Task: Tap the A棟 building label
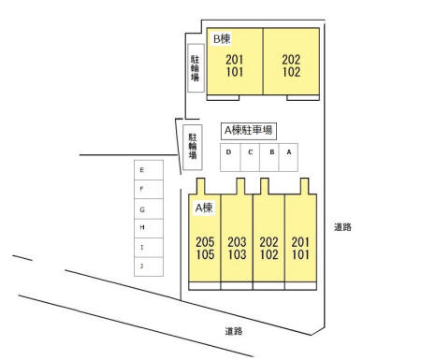click(204, 208)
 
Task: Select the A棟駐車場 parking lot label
click(248, 131)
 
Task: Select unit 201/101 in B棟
click(234, 65)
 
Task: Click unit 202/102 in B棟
click(290, 65)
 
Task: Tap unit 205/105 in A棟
click(205, 247)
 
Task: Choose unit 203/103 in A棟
click(237, 247)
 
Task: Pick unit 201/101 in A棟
click(300, 247)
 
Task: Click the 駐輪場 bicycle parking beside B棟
click(195, 67)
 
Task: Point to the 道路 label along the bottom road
click(234, 331)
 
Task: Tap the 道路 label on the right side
click(342, 227)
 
